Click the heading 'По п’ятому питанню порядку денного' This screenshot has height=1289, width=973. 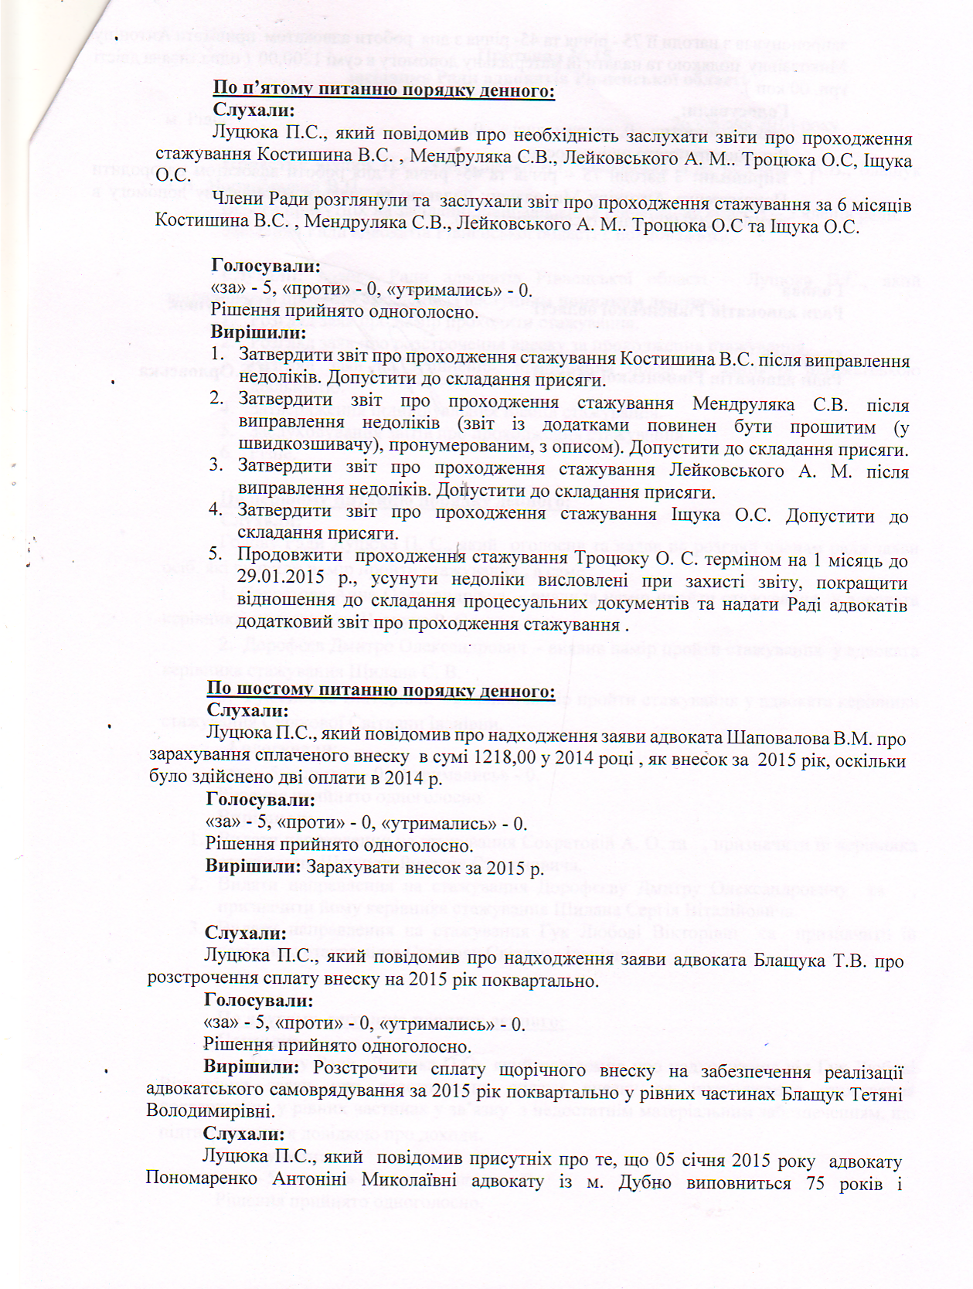tap(383, 89)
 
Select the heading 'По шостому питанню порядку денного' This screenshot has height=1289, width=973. tap(380, 689)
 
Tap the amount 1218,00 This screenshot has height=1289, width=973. tap(504, 759)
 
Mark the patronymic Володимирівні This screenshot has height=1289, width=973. tap(208, 1112)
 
